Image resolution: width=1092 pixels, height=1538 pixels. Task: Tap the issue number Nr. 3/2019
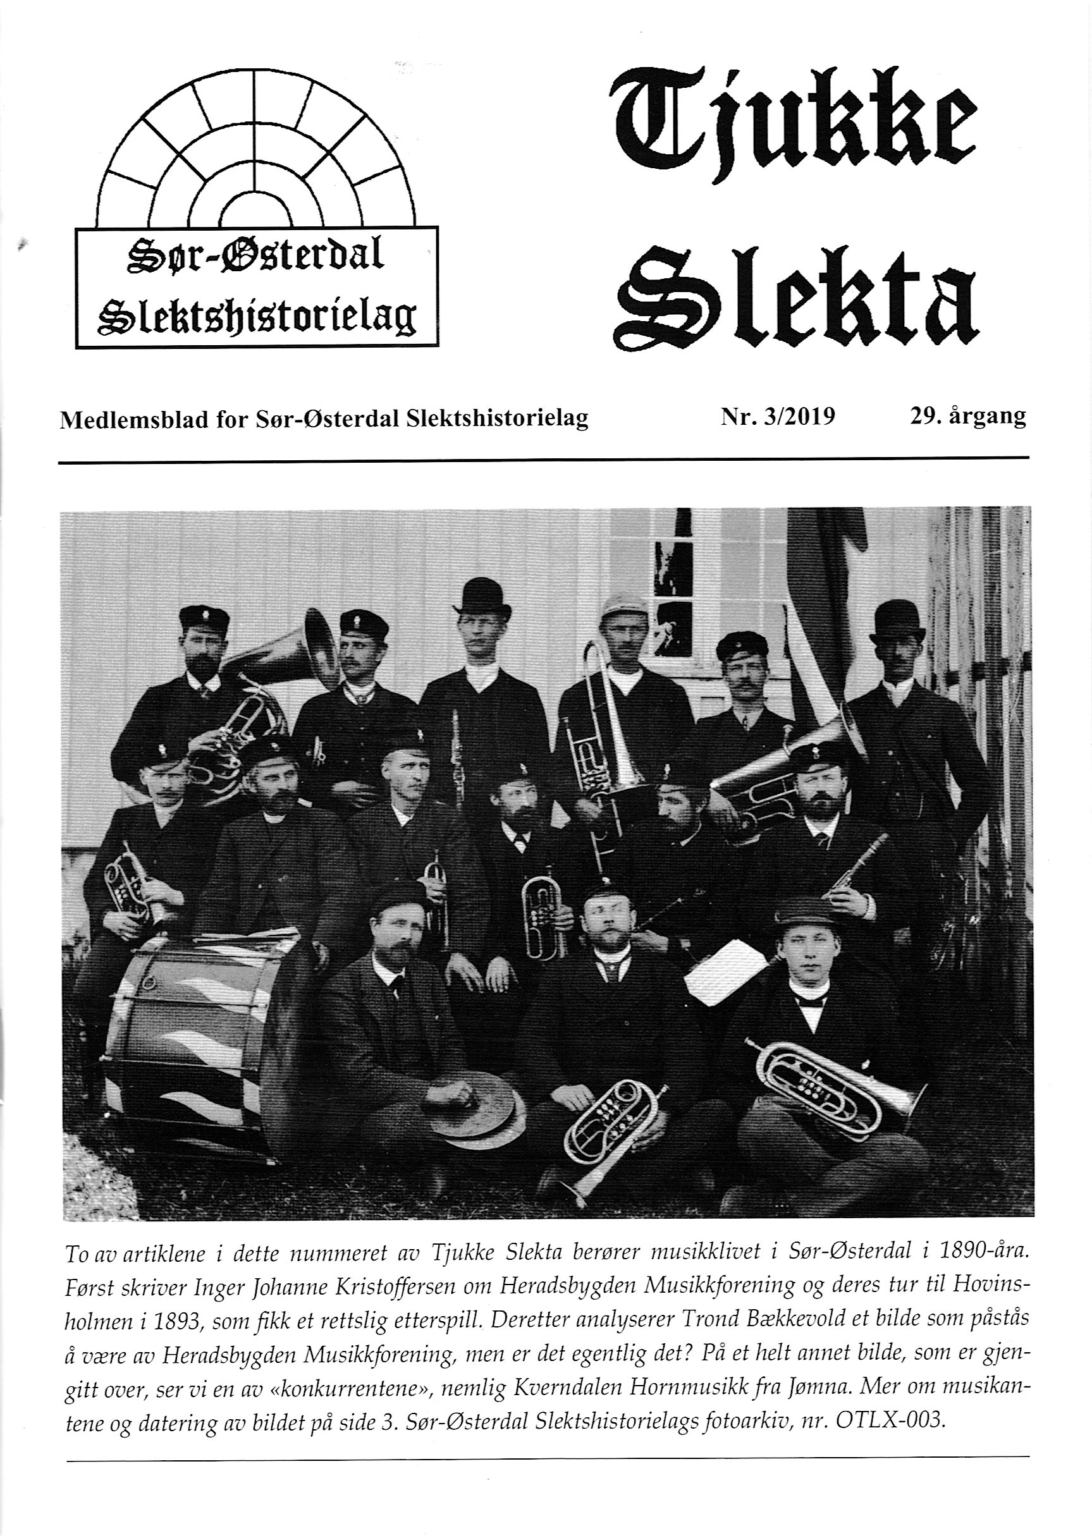pyautogui.click(x=778, y=417)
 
